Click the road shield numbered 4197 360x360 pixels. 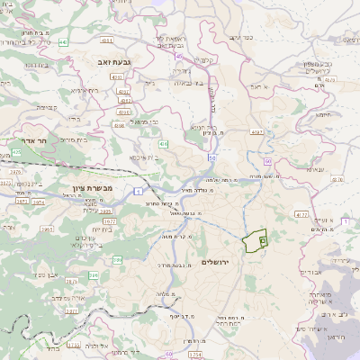256,133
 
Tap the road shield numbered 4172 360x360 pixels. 302,215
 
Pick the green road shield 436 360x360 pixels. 163,144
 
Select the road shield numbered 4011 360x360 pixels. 107,40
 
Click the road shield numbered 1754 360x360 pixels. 195,355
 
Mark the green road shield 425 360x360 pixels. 15,152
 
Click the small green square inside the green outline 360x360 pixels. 262,241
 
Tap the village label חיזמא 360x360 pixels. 326,113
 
